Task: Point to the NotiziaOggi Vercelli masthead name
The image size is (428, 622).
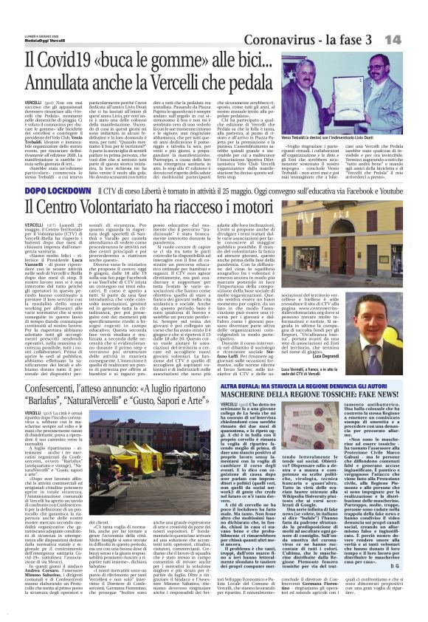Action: tap(27, 18)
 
